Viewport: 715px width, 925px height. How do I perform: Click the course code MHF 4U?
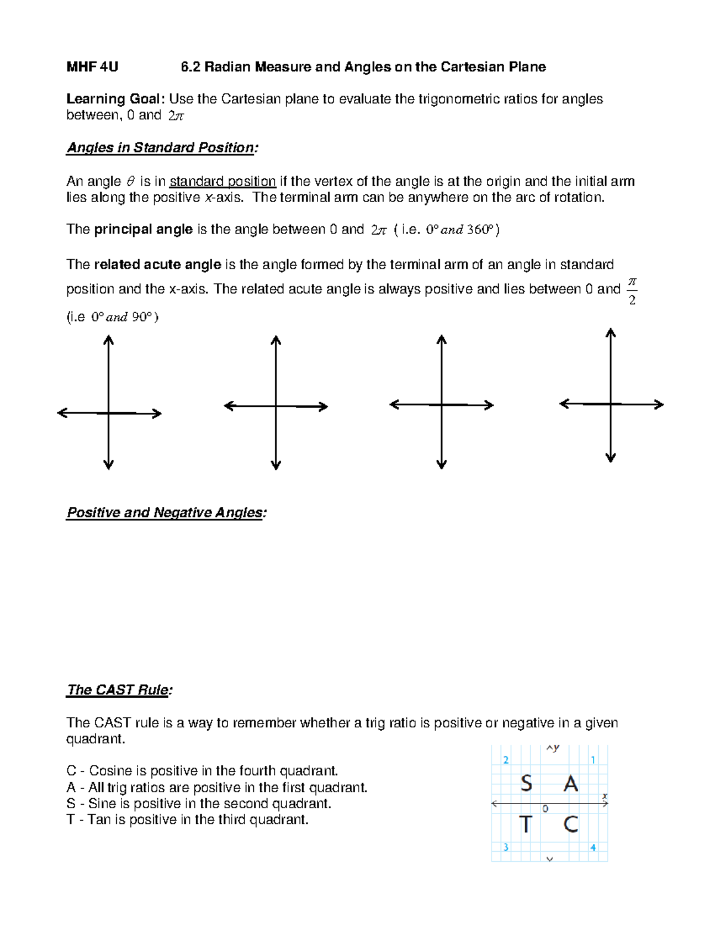pyautogui.click(x=92, y=67)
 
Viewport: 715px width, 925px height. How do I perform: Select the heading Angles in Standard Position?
pyautogui.click(x=162, y=148)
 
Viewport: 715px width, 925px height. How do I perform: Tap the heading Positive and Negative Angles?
pyautogui.click(x=166, y=513)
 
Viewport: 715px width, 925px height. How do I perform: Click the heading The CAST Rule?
pyautogui.click(x=119, y=690)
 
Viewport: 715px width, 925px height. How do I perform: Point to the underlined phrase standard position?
pyautogui.click(x=222, y=182)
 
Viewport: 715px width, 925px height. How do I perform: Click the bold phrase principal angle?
pyautogui.click(x=143, y=230)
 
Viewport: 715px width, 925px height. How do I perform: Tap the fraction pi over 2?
pyautogui.click(x=632, y=290)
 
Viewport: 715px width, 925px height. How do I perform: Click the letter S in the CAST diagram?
pyautogui.click(x=526, y=783)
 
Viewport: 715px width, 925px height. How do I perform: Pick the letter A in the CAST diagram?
pyautogui.click(x=571, y=783)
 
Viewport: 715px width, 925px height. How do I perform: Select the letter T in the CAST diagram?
pyautogui.click(x=525, y=825)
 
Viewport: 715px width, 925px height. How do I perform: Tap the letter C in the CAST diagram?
pyautogui.click(x=571, y=825)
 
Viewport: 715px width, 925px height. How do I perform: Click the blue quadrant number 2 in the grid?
pyautogui.click(x=506, y=759)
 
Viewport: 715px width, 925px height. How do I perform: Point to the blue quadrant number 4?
pyautogui.click(x=593, y=848)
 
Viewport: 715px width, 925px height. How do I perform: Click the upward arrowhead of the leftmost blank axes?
pyautogui.click(x=108, y=340)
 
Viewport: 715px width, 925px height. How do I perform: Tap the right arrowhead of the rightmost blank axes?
pyautogui.click(x=660, y=404)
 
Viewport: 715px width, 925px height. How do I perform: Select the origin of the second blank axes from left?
pyautogui.click(x=276, y=407)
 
